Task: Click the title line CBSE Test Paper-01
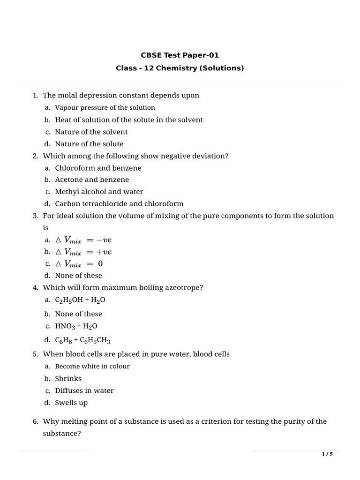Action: point(180,55)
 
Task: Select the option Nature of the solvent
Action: point(91,132)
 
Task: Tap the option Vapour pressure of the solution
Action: point(105,107)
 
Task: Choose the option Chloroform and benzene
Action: point(98,168)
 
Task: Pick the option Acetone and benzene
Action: point(92,180)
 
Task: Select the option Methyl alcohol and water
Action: point(99,192)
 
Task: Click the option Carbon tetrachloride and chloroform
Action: point(119,204)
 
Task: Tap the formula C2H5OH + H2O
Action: point(77,300)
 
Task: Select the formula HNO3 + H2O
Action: point(76,326)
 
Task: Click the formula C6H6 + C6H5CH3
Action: point(82,340)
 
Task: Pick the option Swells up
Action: point(71,403)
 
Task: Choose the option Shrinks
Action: point(68,378)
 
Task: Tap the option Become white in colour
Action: point(92,366)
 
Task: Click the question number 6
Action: point(35,421)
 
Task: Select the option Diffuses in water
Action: point(84,390)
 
